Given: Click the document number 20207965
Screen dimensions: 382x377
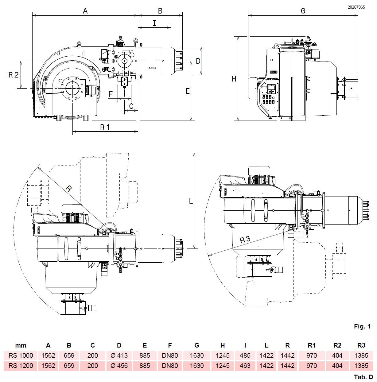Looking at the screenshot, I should [x=356, y=7].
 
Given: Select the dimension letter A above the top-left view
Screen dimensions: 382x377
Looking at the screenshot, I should [x=85, y=11].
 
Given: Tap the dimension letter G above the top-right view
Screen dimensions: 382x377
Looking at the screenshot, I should [x=303, y=11].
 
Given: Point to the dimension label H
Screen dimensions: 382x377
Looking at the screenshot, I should [x=234, y=79].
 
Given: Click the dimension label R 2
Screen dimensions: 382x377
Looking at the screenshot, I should [x=13, y=75].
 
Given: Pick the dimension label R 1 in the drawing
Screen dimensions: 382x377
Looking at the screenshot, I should [x=105, y=127].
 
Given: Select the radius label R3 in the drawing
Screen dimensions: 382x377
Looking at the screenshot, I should [x=245, y=239].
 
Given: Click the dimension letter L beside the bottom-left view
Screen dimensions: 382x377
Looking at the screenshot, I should [x=191, y=201].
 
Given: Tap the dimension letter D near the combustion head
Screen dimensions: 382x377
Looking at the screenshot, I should [x=198, y=61].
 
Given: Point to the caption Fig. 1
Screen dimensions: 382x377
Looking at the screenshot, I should [x=362, y=326].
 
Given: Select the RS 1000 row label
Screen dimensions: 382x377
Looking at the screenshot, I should [x=21, y=356].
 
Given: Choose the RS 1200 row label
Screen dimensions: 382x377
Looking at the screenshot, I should [x=21, y=366].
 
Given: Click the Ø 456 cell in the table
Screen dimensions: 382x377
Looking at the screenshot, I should [x=119, y=366].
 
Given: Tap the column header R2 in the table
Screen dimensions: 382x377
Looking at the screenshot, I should [x=337, y=345].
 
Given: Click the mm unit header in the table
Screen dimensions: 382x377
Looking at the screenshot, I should [x=21, y=345].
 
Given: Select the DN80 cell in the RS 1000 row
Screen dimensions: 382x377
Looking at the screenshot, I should [x=170, y=356].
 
